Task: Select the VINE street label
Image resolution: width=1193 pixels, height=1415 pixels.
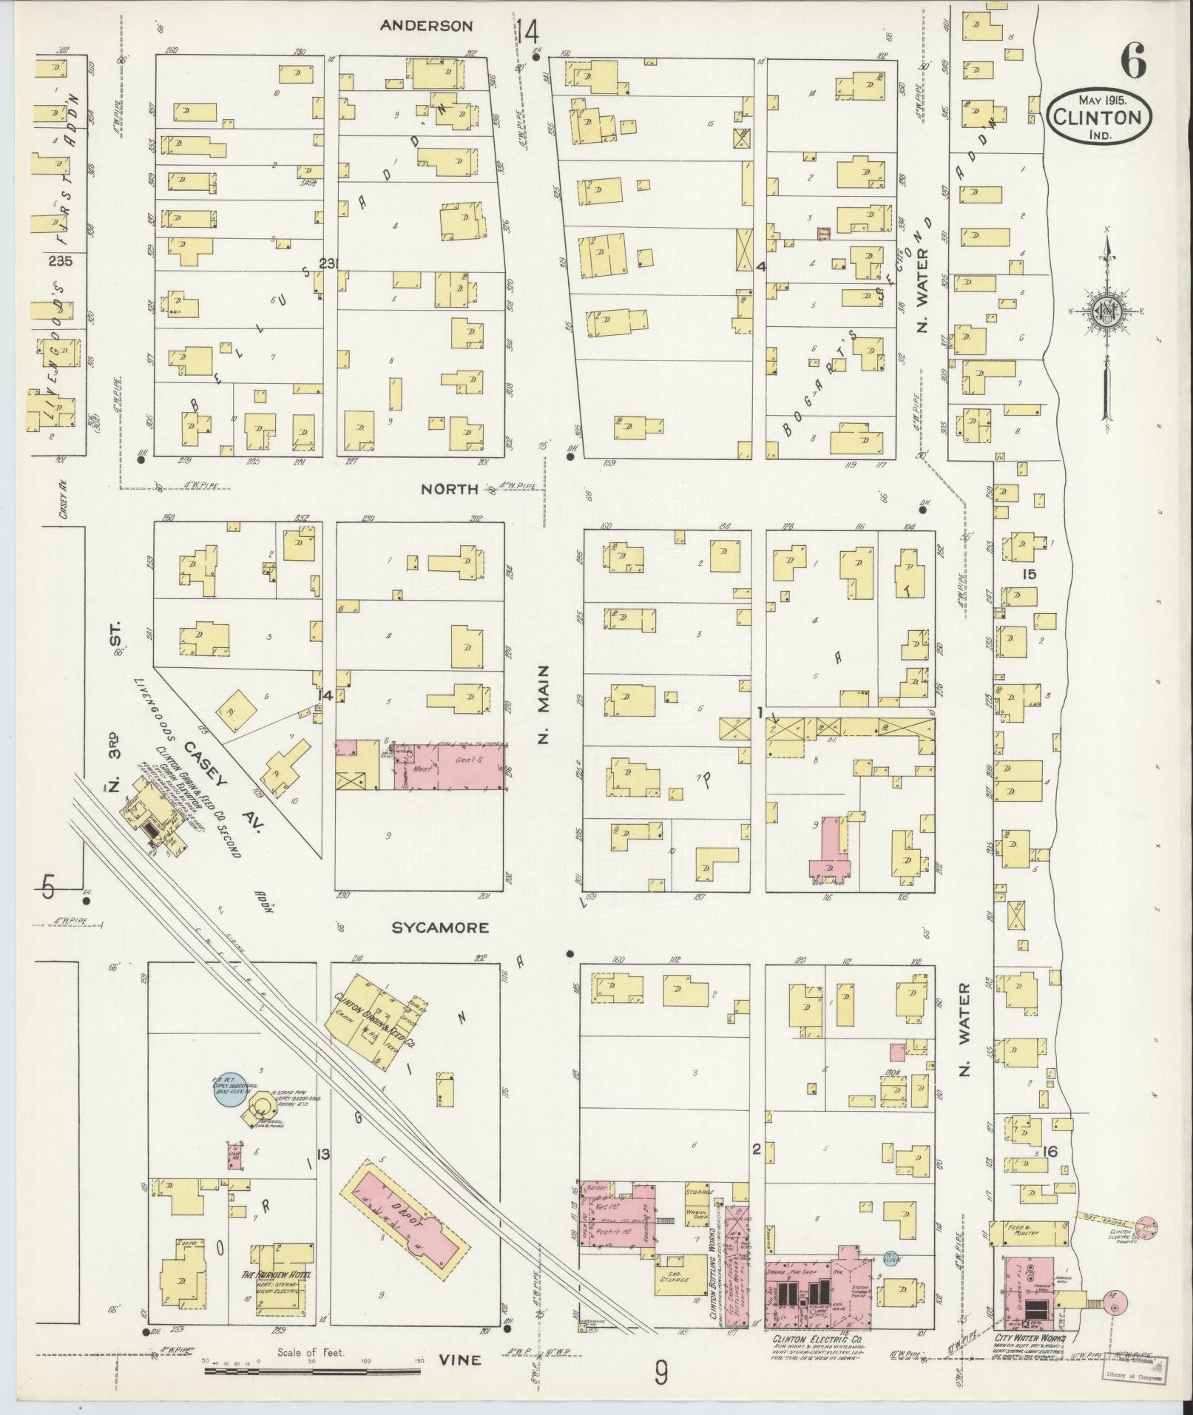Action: coord(460,1360)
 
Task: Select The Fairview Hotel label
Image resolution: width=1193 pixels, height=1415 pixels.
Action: coord(277,1276)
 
